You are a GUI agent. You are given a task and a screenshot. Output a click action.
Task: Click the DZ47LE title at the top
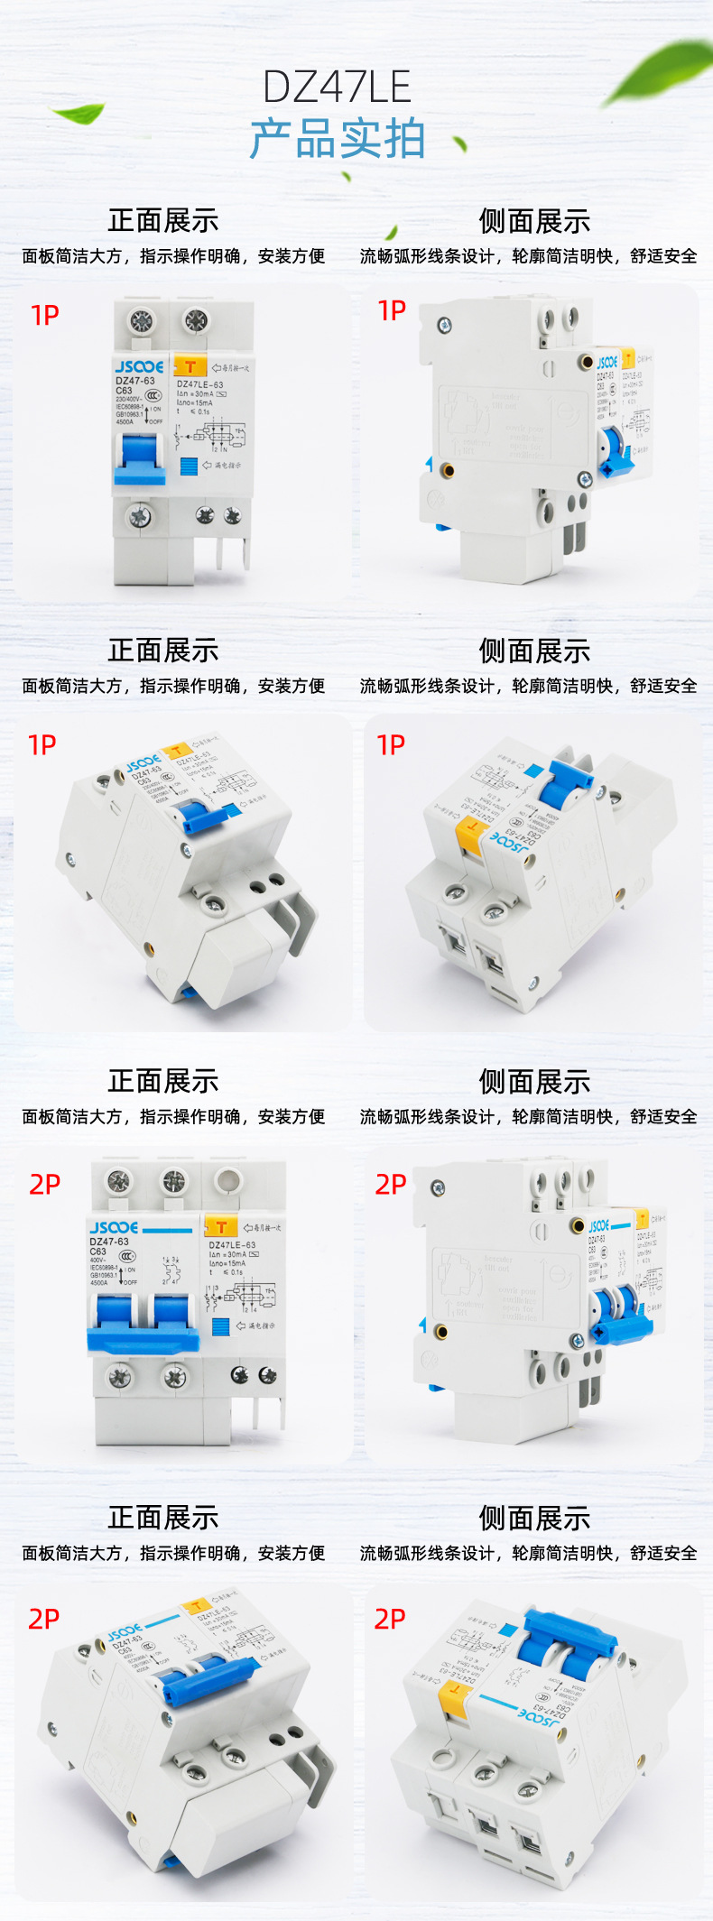pyautogui.click(x=337, y=88)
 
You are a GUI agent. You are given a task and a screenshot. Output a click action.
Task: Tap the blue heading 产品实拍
pyautogui.click(x=337, y=140)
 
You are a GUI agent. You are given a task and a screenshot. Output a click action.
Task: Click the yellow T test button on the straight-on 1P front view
pyautogui.click(x=190, y=366)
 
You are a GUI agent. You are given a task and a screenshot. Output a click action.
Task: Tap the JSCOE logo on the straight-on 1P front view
pyautogui.click(x=139, y=367)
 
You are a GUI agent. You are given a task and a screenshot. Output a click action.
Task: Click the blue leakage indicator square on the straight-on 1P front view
pyautogui.click(x=189, y=466)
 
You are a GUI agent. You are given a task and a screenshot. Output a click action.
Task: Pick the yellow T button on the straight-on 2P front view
pyautogui.click(x=221, y=1227)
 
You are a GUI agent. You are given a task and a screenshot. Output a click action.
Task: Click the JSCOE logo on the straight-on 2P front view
pyautogui.click(x=114, y=1228)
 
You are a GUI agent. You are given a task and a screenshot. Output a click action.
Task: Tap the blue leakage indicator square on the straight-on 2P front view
pyautogui.click(x=220, y=1326)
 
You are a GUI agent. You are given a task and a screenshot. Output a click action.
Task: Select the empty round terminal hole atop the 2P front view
pyautogui.click(x=228, y=1179)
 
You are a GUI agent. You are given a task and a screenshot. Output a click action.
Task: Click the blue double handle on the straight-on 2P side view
pyautogui.click(x=618, y=1313)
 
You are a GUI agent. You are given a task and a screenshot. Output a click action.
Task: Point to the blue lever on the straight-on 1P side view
pyautogui.click(x=616, y=452)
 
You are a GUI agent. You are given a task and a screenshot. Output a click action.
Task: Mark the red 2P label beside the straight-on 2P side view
pyautogui.click(x=391, y=1185)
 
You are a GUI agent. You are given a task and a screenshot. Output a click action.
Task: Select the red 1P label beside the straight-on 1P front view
pyautogui.click(x=45, y=316)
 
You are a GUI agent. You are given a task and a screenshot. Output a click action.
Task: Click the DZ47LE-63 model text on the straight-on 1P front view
pyautogui.click(x=199, y=384)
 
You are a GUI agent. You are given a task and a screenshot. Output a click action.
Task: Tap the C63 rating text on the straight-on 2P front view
pyautogui.click(x=97, y=1251)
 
